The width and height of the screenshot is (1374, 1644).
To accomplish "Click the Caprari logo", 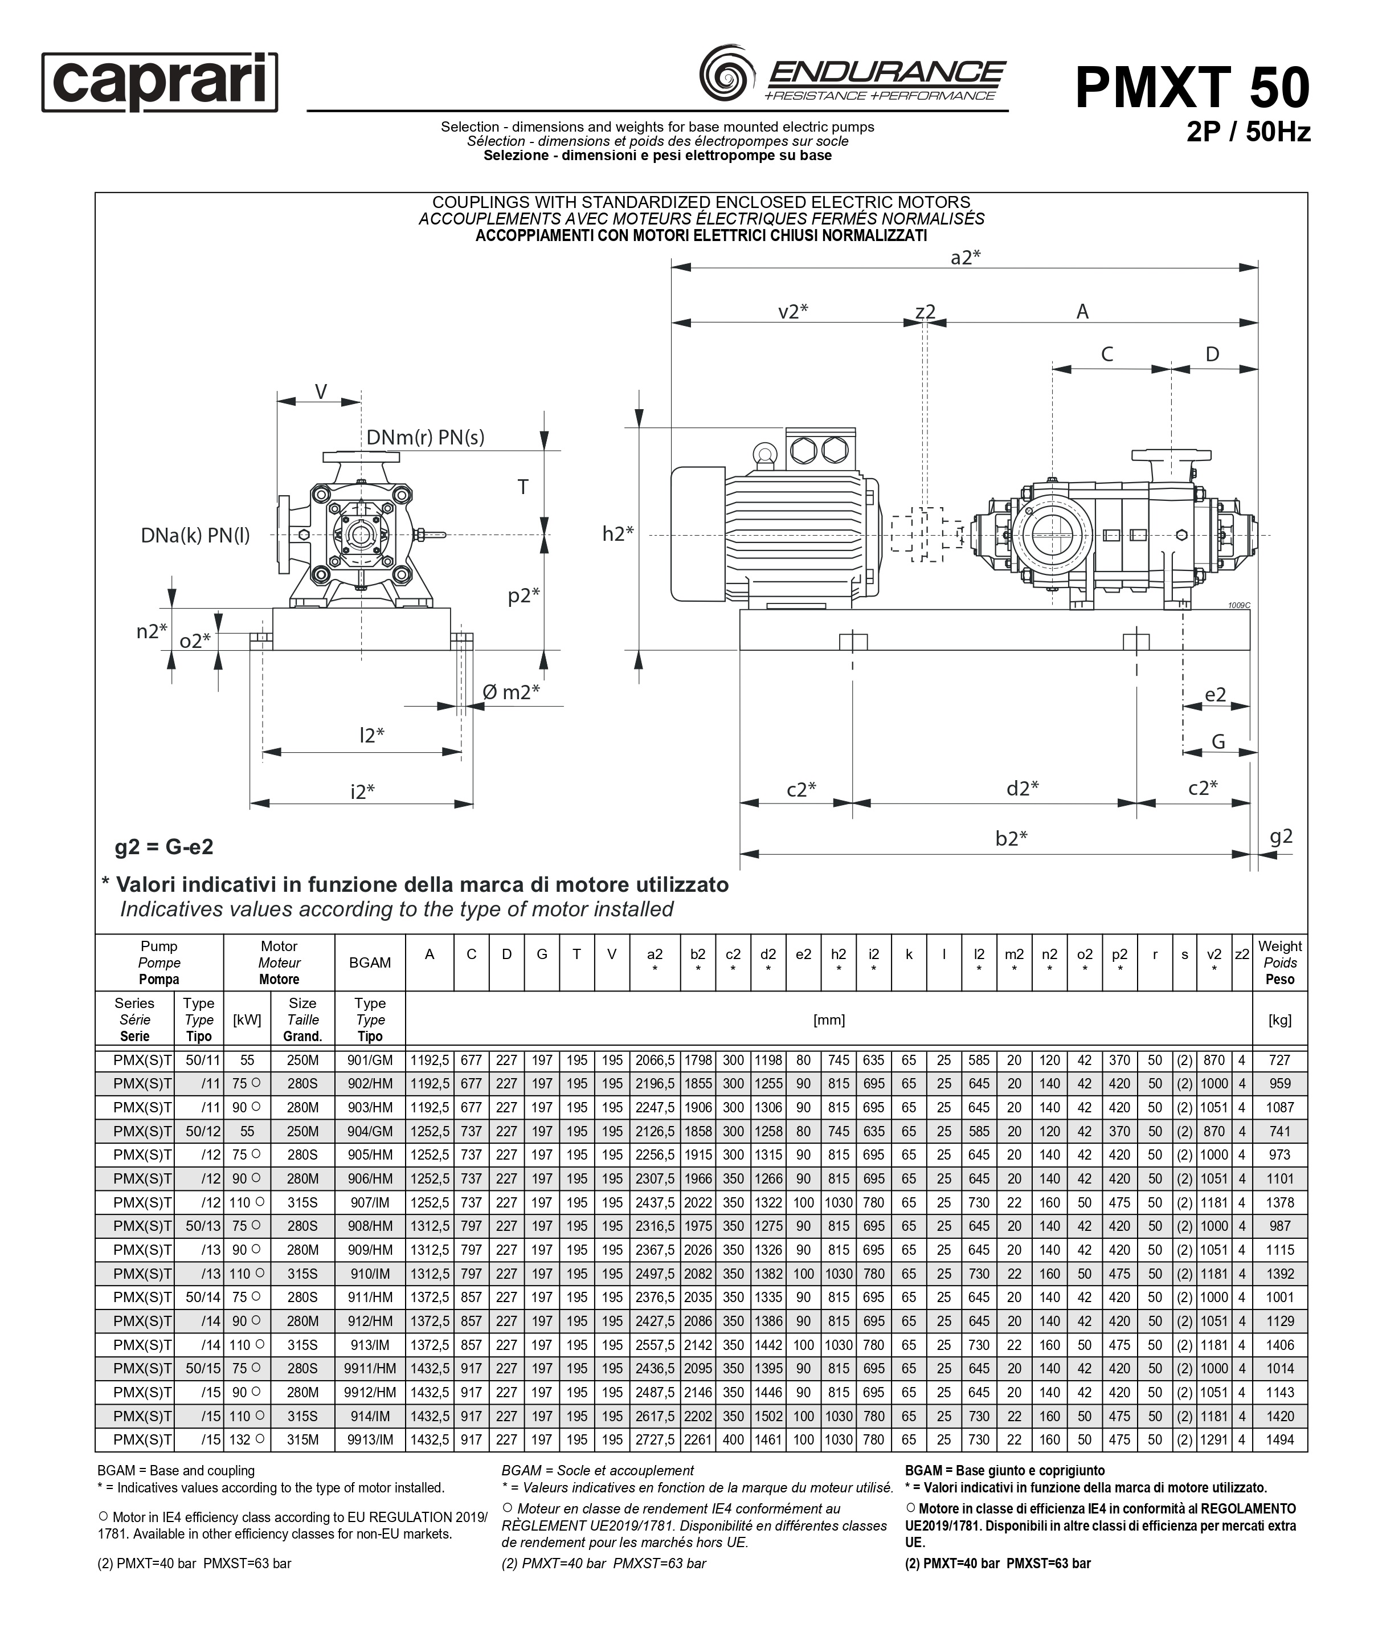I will click(160, 82).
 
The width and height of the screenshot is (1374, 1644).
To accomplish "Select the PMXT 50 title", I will click(1192, 88).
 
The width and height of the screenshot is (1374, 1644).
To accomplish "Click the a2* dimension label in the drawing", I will click(966, 258).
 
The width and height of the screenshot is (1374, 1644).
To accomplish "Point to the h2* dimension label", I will click(618, 534).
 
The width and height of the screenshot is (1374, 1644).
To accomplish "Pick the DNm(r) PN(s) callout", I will click(426, 438).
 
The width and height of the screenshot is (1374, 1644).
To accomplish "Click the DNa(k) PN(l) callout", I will click(195, 536).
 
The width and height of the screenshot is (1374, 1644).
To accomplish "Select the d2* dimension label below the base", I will click(1022, 788).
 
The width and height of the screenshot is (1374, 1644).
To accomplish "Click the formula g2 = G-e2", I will click(164, 847).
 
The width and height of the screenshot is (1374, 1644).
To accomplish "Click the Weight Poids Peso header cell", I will click(1279, 962).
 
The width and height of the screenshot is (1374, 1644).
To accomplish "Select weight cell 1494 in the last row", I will click(1279, 1439).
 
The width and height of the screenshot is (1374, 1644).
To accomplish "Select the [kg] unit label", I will click(1279, 1019).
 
